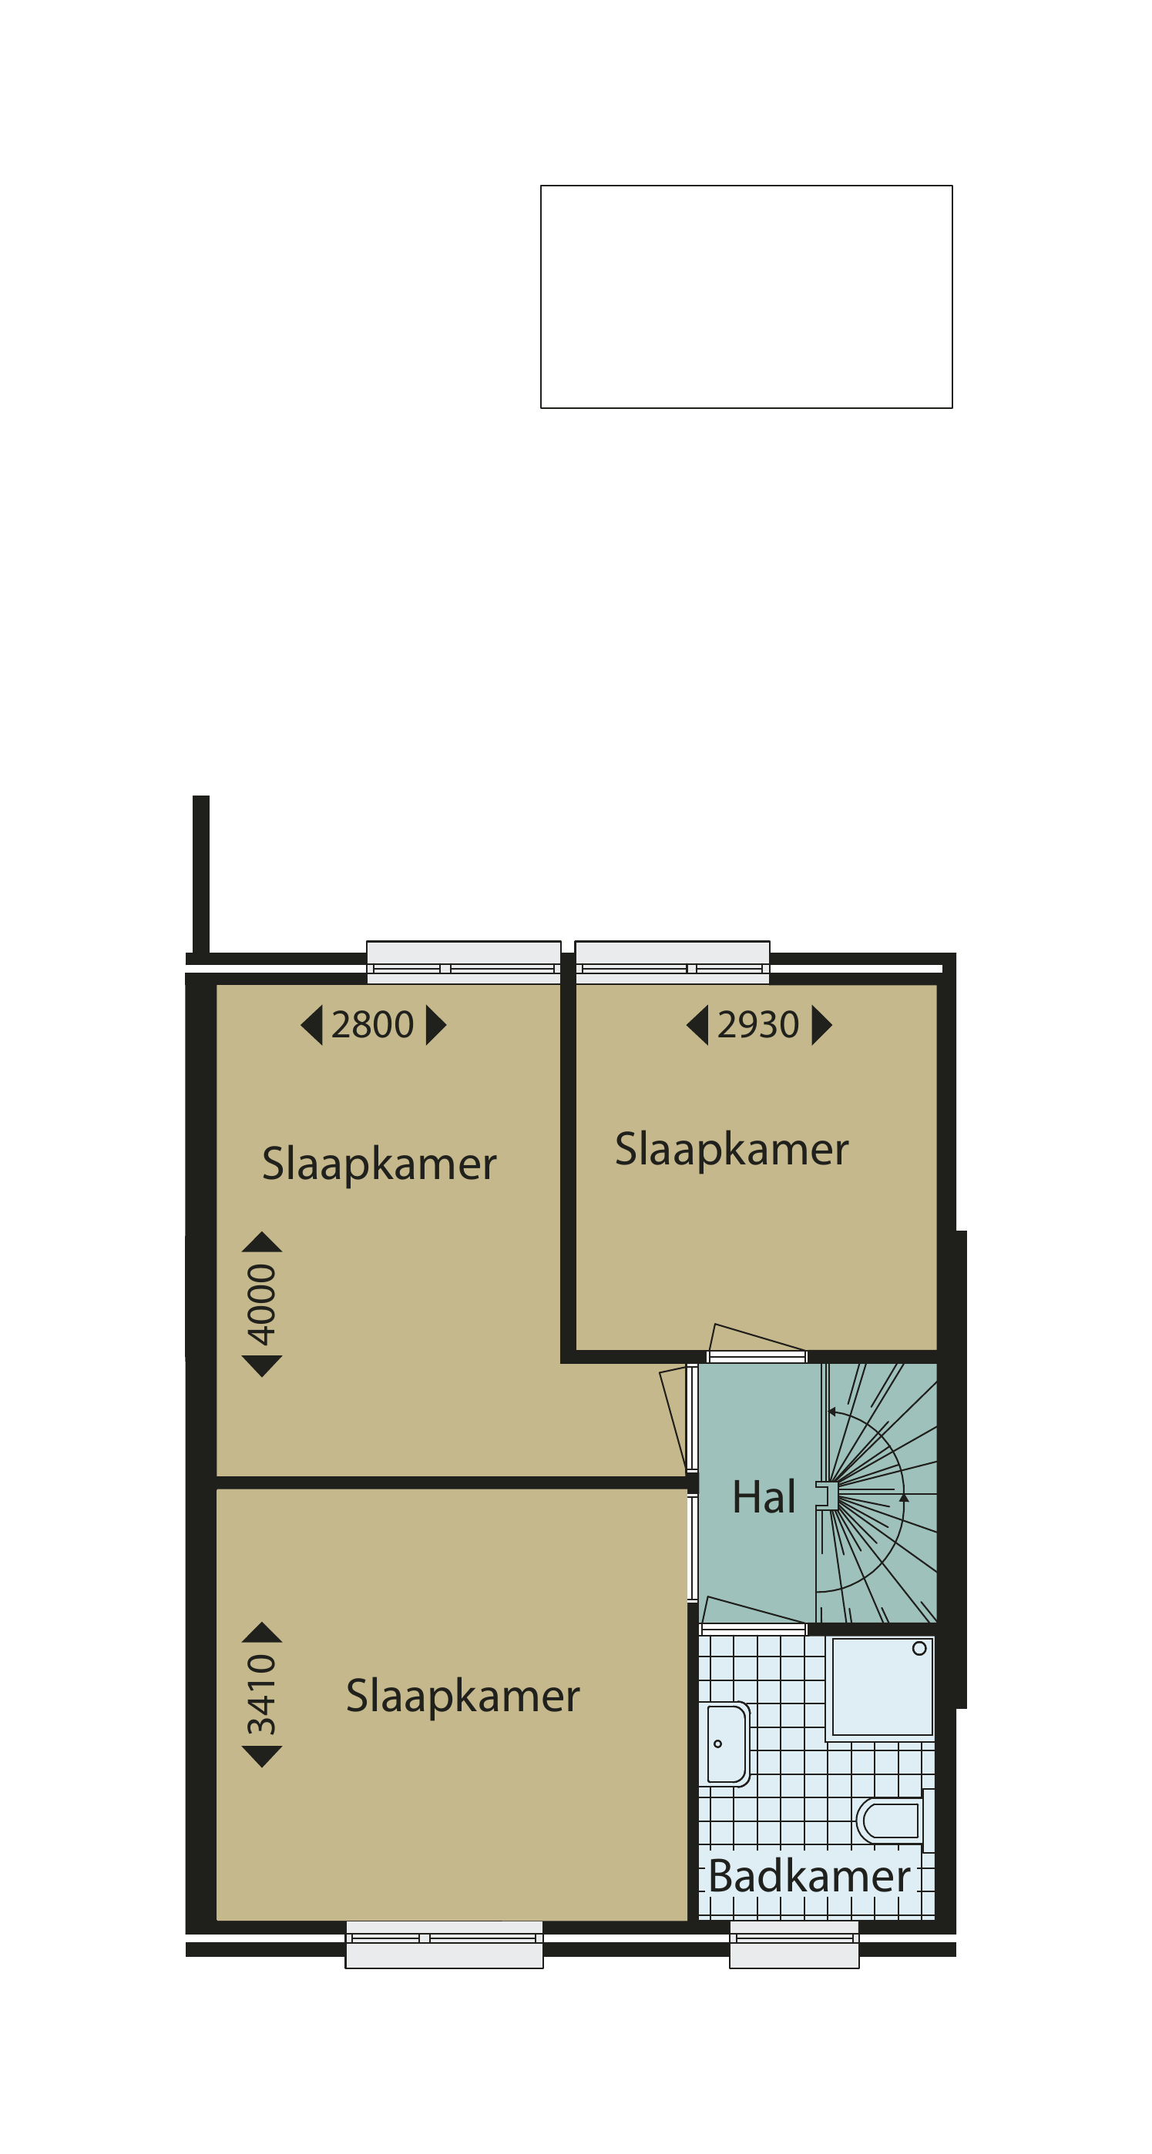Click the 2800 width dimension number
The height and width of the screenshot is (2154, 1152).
[x=372, y=1025]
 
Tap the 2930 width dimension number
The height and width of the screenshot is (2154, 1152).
[x=758, y=1025]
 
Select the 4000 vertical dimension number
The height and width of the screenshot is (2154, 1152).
[x=262, y=1305]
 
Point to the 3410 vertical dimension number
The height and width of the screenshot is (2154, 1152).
[x=262, y=1694]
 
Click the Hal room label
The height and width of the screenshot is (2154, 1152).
[x=764, y=1497]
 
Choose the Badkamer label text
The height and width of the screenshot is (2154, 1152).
[x=809, y=1877]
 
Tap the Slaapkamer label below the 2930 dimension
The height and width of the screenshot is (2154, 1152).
[x=732, y=1150]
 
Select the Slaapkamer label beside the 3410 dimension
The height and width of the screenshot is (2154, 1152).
[x=462, y=1697]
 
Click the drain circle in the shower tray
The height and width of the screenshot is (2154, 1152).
[x=919, y=1648]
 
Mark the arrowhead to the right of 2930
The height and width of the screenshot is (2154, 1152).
[x=821, y=1025]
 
